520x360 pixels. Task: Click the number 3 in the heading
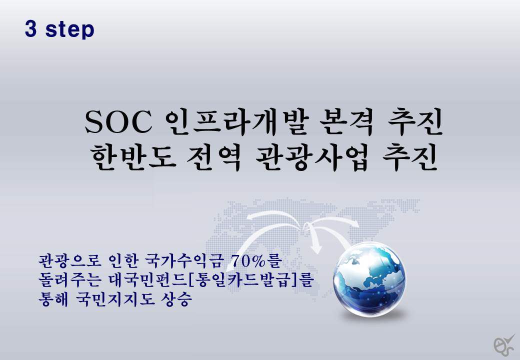pyautogui.click(x=30, y=29)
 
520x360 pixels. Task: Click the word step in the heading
pyautogui.click(x=70, y=30)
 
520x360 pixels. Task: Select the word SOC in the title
pyautogui.click(x=118, y=122)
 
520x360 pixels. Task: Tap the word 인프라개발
pyautogui.click(x=237, y=121)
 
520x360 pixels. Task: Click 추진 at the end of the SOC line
pyautogui.click(x=415, y=121)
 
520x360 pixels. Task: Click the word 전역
pyautogui.click(x=214, y=157)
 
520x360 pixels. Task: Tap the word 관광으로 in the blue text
pyautogui.click(x=70, y=261)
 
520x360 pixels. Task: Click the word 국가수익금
pyautogui.click(x=182, y=261)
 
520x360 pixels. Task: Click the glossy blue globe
pyautogui.click(x=369, y=279)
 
